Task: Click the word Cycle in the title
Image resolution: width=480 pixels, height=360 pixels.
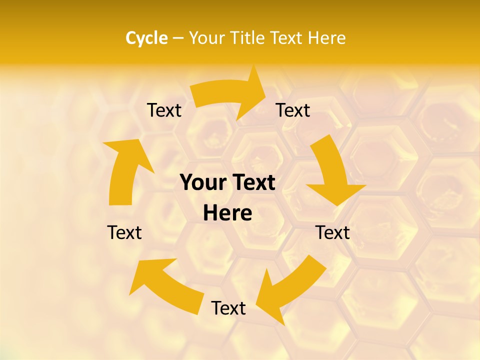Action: click(146, 38)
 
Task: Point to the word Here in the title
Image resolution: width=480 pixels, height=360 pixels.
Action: click(326, 38)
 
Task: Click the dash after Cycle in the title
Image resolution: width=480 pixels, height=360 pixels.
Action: click(178, 38)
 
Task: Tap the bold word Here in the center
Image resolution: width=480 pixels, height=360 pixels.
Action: click(227, 213)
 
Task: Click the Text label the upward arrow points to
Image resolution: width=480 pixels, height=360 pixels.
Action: click(164, 110)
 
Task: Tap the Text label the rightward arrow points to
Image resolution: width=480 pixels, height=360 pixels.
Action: click(293, 110)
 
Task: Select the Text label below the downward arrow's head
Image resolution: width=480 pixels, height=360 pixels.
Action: click(332, 232)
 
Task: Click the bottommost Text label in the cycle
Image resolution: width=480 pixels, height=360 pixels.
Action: click(228, 308)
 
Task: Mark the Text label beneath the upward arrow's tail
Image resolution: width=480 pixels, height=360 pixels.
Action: click(124, 232)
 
